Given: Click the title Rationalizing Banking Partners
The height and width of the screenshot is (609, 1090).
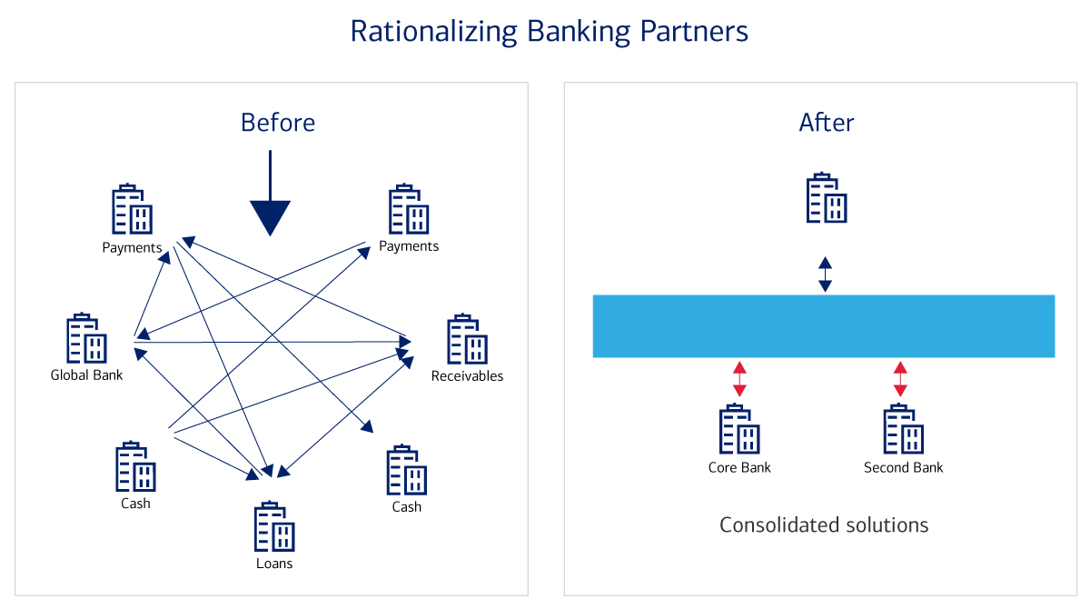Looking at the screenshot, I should (549, 31).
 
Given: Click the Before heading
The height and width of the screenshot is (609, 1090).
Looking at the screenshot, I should (278, 123).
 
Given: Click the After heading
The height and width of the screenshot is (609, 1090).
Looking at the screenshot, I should (827, 123).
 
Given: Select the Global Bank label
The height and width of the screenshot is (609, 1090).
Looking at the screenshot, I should (86, 374).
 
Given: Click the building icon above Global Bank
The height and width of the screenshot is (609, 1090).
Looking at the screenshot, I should (86, 338).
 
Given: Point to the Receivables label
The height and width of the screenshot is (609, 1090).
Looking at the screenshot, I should (467, 376).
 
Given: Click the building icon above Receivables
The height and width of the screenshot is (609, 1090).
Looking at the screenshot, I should (467, 339).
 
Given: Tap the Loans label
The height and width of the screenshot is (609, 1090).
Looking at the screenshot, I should (274, 564).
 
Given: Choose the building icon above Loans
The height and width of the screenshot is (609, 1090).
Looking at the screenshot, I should (274, 526).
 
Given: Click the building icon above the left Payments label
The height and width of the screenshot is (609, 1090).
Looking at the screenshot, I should (132, 209).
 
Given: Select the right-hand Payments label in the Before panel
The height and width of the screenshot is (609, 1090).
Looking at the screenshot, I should (409, 246).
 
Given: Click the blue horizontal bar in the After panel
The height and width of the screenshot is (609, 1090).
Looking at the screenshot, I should (823, 325).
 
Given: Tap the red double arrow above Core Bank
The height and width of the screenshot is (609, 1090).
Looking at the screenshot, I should (739, 379).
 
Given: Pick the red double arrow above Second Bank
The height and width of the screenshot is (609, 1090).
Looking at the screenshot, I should (900, 379).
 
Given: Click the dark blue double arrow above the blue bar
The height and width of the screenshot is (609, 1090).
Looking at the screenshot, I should (825, 275).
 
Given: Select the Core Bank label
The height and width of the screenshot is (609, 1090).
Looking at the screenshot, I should (739, 467).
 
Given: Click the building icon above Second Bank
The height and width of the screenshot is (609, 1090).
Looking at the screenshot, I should (904, 429).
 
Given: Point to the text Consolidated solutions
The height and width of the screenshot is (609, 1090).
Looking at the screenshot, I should (824, 525).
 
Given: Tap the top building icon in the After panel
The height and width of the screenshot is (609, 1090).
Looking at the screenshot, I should (827, 197).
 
